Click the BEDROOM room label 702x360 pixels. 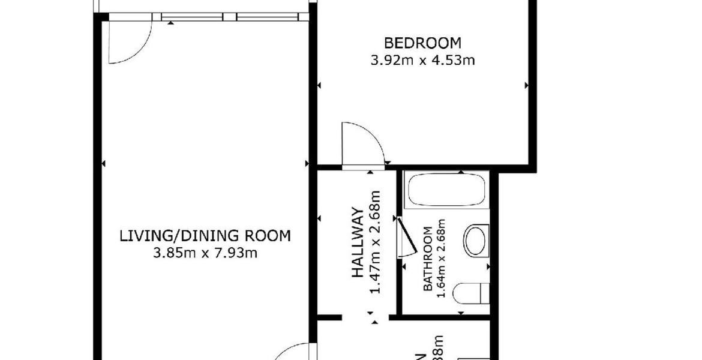[x=423, y=43]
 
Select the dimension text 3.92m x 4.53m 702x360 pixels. [x=423, y=60]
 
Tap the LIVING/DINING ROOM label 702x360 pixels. [x=205, y=236]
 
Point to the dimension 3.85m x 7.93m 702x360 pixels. [x=205, y=253]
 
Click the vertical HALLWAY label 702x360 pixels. [x=358, y=243]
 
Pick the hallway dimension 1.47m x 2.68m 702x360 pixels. [x=376, y=243]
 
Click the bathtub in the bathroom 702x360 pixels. [x=446, y=190]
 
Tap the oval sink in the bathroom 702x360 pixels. [x=476, y=240]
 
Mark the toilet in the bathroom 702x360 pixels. [x=470, y=293]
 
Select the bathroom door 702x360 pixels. [x=407, y=238]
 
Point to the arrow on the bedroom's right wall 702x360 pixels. [x=527, y=86]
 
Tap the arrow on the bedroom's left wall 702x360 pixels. [x=319, y=86]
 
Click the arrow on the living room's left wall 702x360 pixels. [x=103, y=163]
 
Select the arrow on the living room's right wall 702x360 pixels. [x=307, y=163]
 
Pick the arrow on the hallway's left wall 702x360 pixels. [x=319, y=218]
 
